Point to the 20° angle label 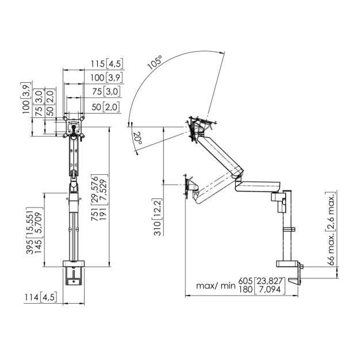click(x=137, y=138)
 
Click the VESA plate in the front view click(x=74, y=128)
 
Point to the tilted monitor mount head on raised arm click(x=199, y=127)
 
